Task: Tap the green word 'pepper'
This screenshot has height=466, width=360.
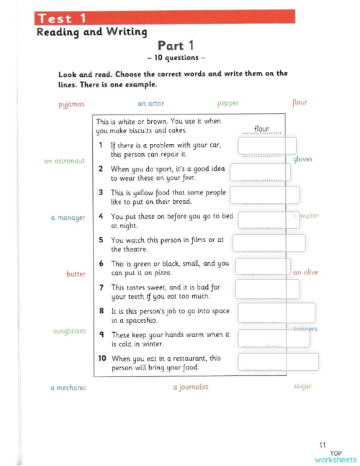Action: [x=228, y=104]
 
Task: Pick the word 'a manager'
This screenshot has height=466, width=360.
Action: [x=68, y=217]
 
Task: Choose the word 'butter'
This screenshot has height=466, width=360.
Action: [x=75, y=274]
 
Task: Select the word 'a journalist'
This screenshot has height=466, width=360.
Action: [x=191, y=387]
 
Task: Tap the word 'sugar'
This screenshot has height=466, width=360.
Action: [x=302, y=387]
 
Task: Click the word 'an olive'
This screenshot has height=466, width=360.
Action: [x=305, y=273]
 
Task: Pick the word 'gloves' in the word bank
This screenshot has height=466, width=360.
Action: [x=302, y=159]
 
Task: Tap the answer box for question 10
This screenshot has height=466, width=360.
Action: [x=278, y=362]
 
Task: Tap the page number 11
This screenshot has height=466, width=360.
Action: [x=322, y=444]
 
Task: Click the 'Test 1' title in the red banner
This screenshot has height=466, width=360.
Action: [x=63, y=18]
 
